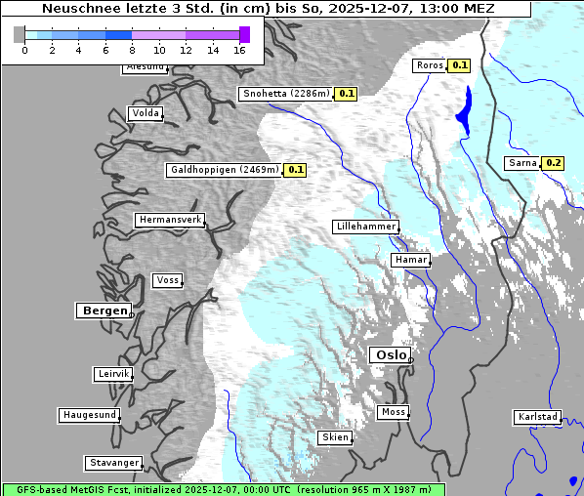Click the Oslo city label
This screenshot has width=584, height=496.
tap(389, 355)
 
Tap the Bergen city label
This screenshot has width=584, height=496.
tap(104, 310)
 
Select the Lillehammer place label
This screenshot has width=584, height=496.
tap(365, 227)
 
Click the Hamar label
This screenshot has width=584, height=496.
tap(409, 261)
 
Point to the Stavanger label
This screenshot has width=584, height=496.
tap(112, 463)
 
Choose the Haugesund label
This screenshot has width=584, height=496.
tap(89, 415)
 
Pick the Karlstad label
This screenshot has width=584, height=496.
tap(537, 417)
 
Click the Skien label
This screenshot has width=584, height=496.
tap(334, 437)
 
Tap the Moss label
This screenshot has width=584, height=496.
tap(393, 412)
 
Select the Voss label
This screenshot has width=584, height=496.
tap(167, 280)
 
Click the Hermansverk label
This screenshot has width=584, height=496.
tap(170, 220)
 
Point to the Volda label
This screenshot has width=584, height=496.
tap(145, 113)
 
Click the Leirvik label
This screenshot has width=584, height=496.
tap(112, 374)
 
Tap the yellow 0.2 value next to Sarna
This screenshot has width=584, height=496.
tap(554, 163)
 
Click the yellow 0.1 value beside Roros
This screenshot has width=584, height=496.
tap(460, 65)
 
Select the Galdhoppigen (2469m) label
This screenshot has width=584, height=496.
tap(225, 169)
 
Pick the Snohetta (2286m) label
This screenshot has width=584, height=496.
tap(285, 94)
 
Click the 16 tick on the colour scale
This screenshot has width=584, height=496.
tap(239, 50)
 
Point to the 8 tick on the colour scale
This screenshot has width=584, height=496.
tap(132, 50)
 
